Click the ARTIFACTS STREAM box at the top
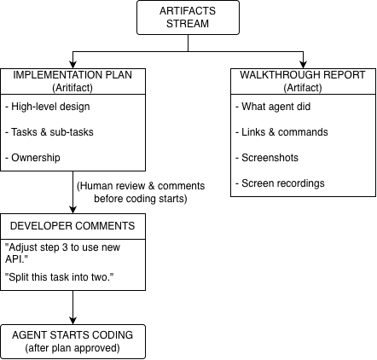188,18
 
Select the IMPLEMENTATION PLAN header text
72,75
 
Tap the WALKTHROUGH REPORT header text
303,75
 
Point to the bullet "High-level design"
48,107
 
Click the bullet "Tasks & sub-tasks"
49,132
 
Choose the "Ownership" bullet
32,158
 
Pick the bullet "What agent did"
273,107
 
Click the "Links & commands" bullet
281,132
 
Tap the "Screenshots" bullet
267,158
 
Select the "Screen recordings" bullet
280,183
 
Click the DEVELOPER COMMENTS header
72,226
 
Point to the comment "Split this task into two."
60,277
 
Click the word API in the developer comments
14,259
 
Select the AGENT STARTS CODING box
72,341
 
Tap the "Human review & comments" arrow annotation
141,192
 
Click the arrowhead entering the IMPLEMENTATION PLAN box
72,65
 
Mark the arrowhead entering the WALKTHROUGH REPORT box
304,65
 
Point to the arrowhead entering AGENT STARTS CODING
72,321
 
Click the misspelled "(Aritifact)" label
72,88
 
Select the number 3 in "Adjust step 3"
65,247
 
